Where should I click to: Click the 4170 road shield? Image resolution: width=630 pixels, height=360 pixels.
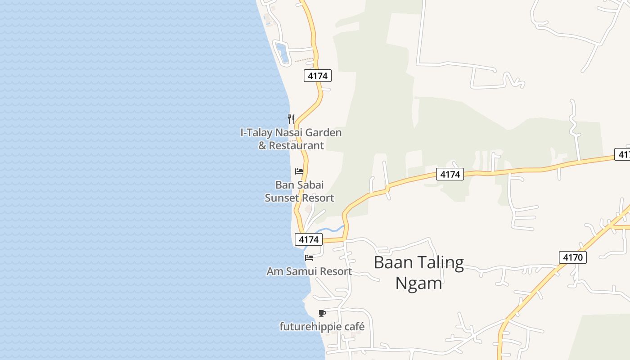(573, 257)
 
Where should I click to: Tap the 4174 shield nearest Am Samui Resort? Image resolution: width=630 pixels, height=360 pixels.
(309, 239)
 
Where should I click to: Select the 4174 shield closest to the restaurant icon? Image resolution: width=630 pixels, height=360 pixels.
(318, 76)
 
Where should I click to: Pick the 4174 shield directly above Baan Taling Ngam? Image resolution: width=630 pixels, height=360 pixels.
(450, 174)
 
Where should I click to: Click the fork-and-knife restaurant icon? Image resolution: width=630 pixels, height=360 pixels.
(291, 119)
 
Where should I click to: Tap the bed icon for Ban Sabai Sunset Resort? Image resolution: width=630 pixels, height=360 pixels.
(299, 171)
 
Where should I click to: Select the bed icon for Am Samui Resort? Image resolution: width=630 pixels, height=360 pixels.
(309, 258)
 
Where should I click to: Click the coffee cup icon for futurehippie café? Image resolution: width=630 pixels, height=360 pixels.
(322, 313)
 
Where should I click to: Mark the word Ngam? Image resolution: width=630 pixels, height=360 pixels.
(418, 283)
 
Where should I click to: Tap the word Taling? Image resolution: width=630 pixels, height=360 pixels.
(440, 263)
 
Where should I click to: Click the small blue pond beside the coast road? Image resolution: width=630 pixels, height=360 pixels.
(283, 53)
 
